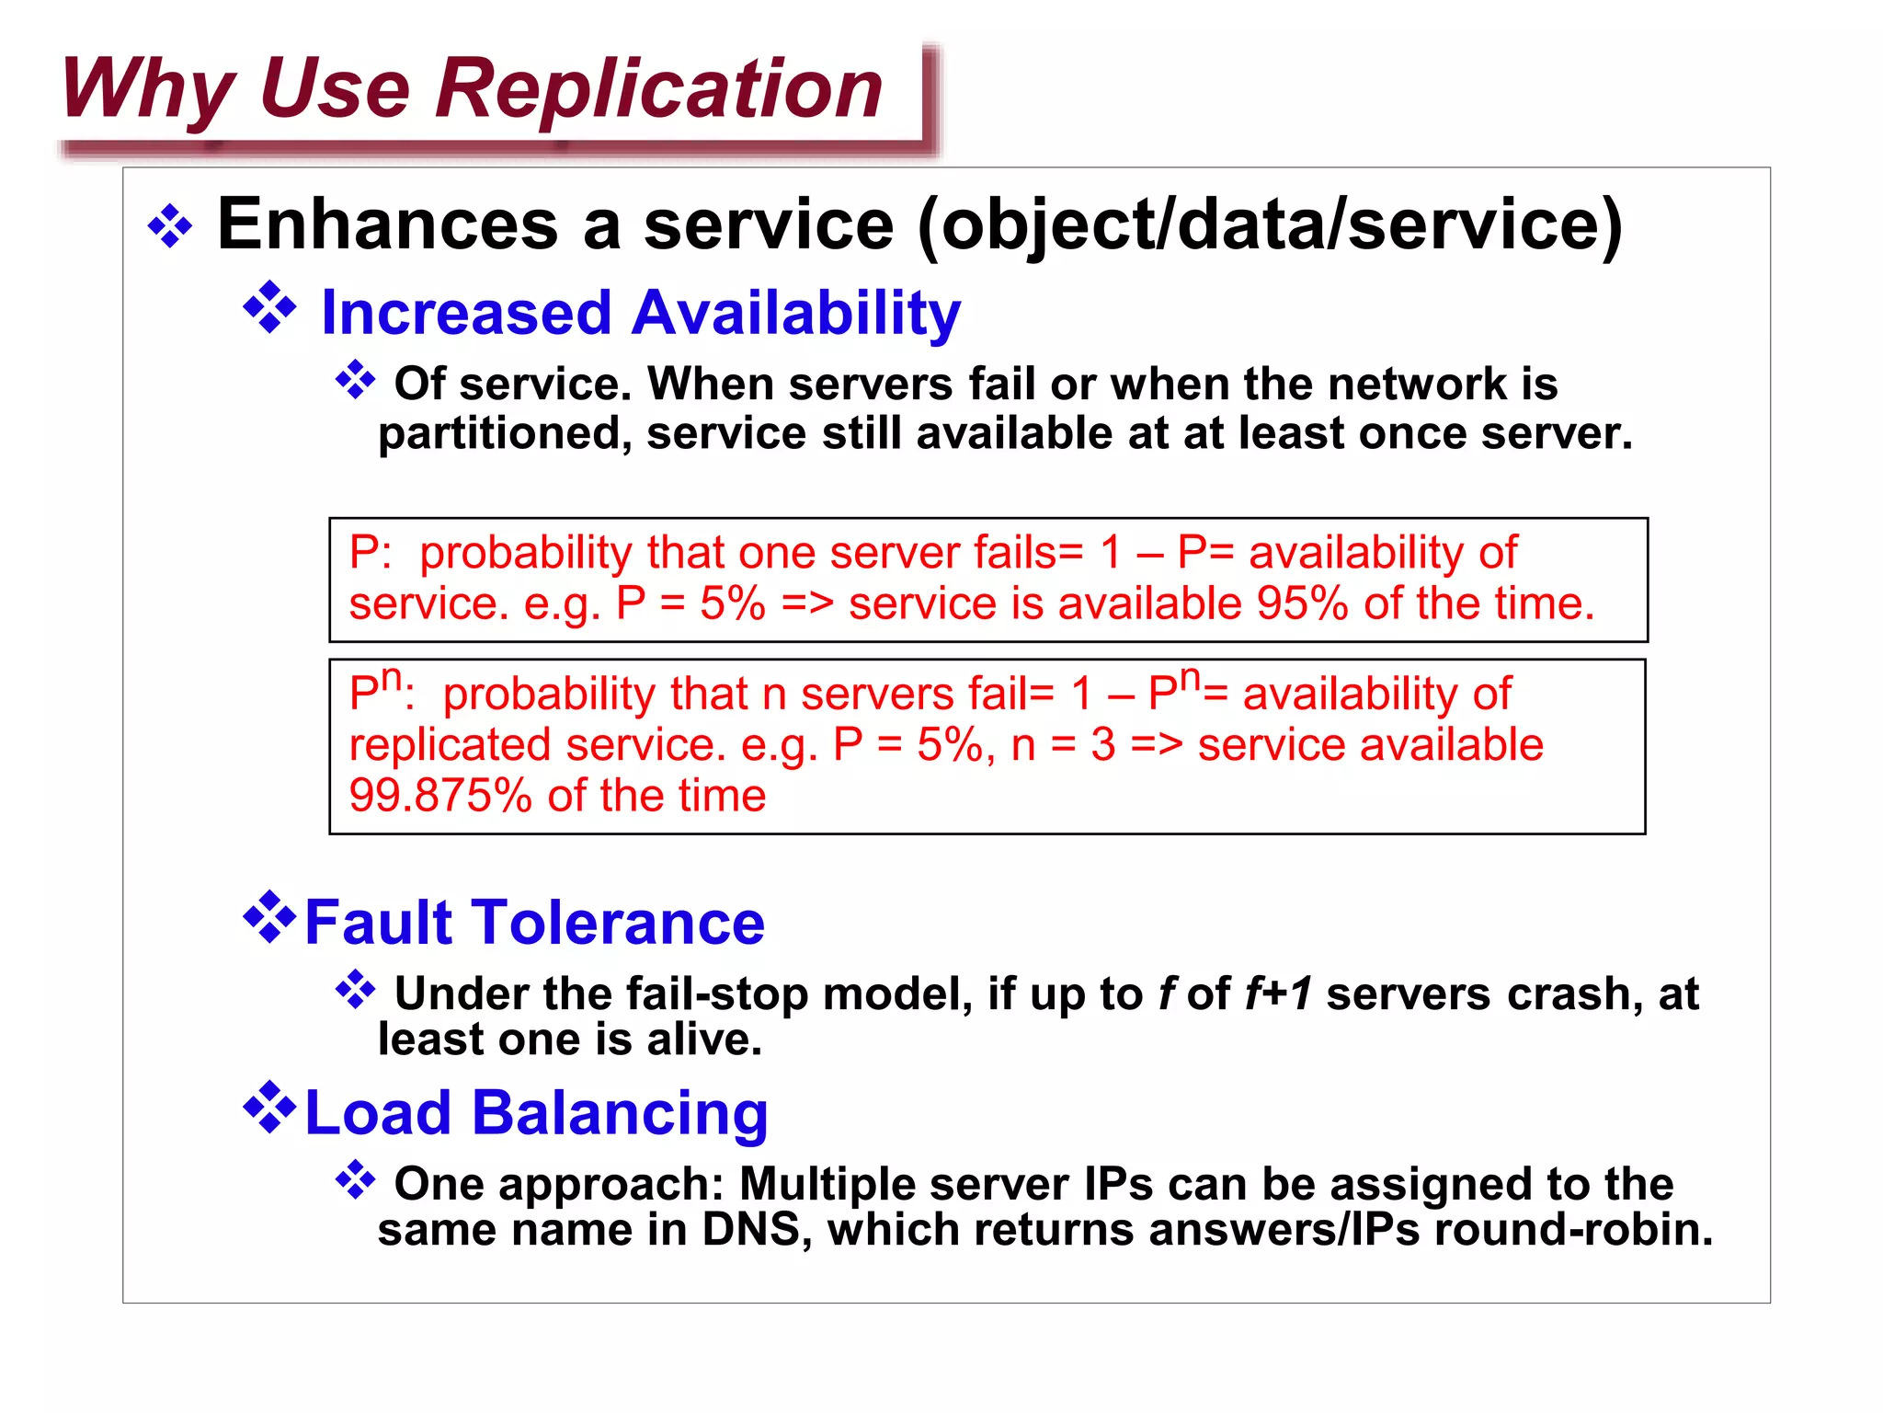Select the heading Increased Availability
pos(640,313)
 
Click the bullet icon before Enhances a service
pos(171,225)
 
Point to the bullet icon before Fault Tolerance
pos(269,917)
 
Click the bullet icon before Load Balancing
pos(269,1108)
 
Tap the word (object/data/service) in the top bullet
pos(1270,225)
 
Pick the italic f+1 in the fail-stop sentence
pos(1279,994)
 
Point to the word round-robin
pos(1573,1230)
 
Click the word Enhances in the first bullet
pos(387,225)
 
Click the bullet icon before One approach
pos(356,1180)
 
